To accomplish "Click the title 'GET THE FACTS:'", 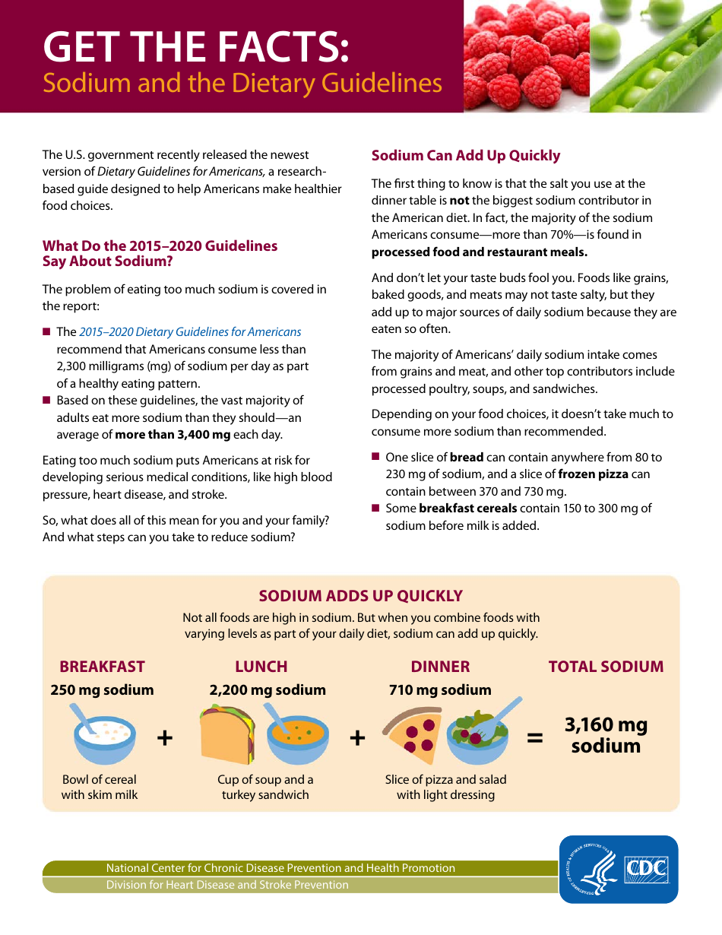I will click(196, 47).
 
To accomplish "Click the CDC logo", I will click(619, 869).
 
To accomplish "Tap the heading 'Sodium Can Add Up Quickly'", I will click(465, 156).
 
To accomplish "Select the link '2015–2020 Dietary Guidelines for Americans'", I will click(190, 332).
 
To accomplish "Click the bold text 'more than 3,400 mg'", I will click(173, 435).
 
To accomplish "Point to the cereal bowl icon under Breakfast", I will click(104, 736).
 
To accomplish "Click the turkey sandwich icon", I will click(226, 735).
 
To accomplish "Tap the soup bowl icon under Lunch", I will click(297, 736).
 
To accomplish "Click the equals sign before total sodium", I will click(535, 737).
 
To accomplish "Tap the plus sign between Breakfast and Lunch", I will click(164, 737).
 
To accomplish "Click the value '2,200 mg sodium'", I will click(268, 690).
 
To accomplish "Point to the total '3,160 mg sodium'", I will click(606, 735).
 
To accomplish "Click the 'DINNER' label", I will click(440, 667).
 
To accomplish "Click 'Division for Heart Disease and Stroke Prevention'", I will click(227, 885).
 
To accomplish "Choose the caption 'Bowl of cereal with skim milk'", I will click(100, 787).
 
